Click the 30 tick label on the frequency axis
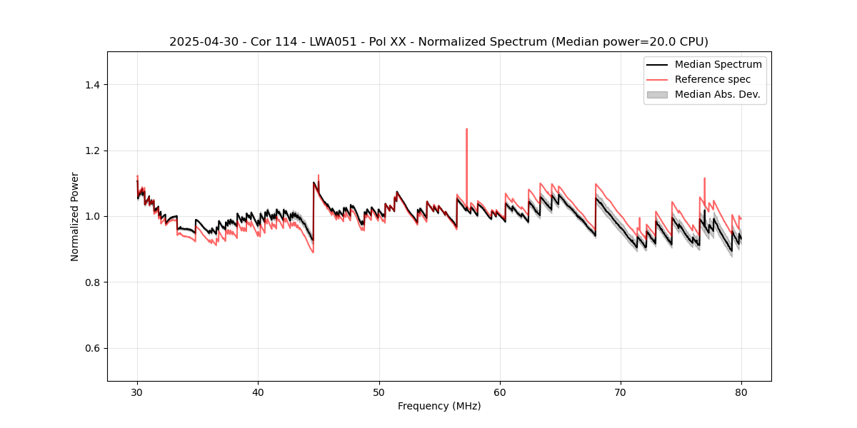point(137,392)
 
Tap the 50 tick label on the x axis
point(379,392)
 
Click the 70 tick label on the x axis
point(621,392)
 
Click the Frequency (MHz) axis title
point(439,406)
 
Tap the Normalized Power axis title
point(75,216)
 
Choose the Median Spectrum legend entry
point(718,64)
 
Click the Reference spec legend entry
point(712,79)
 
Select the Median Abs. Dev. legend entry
point(717,94)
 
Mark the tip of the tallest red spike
point(466,129)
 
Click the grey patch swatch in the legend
point(657,94)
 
